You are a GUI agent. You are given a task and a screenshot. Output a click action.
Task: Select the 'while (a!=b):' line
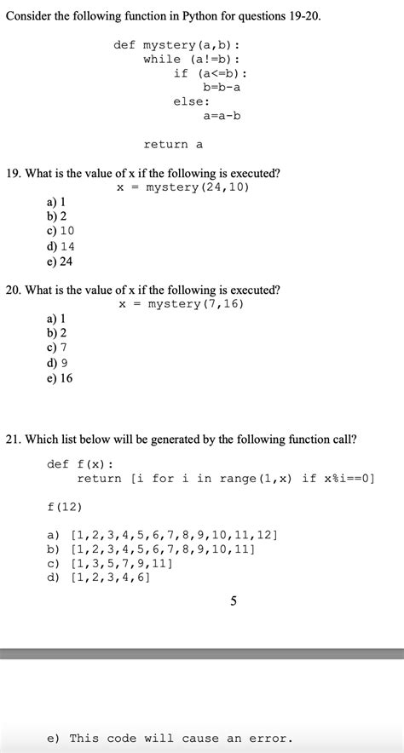tap(192, 59)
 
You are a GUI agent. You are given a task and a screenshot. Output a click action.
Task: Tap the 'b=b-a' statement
tap(222, 87)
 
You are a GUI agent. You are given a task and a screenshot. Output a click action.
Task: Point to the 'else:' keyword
tap(192, 101)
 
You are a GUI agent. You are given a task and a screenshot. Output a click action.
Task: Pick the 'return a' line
tap(173, 145)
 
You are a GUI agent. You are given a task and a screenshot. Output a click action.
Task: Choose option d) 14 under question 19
tap(61, 246)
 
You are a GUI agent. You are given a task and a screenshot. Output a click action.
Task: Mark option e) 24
tap(60, 262)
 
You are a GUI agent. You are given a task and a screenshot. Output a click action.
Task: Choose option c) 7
tap(57, 348)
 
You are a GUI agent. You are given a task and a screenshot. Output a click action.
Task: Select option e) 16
tap(60, 378)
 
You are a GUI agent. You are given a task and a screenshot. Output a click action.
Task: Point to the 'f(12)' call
tap(65, 507)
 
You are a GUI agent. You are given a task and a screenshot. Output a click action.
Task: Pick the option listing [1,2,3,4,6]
tap(99, 578)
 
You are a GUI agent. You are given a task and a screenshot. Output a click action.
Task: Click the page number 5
tap(234, 602)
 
